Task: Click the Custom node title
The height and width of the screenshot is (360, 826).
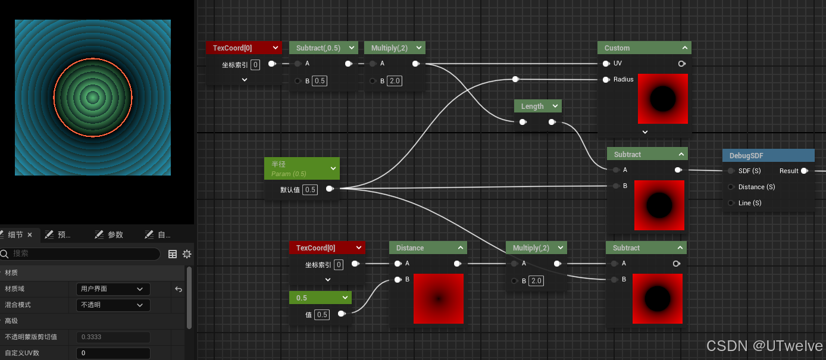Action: point(617,48)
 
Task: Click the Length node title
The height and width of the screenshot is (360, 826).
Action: point(533,107)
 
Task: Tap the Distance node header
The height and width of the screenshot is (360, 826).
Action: point(410,248)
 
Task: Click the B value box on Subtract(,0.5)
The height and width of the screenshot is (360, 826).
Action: point(320,81)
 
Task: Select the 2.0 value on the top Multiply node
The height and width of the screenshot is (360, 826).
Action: point(395,81)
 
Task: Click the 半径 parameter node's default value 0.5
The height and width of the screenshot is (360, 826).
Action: point(309,190)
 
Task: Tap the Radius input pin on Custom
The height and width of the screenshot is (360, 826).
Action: point(606,80)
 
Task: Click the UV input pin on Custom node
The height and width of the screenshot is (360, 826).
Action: point(606,64)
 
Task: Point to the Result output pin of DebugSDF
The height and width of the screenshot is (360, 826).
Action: point(804,171)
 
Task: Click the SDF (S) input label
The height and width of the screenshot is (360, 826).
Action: point(749,171)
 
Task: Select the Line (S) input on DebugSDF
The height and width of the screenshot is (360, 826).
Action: point(749,203)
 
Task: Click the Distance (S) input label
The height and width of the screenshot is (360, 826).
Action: point(756,187)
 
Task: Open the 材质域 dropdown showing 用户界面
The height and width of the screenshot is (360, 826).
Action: point(112,289)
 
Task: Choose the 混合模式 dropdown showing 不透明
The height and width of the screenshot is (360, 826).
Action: point(112,305)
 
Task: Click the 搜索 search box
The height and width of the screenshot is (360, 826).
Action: point(83,254)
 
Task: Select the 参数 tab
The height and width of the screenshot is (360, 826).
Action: point(115,235)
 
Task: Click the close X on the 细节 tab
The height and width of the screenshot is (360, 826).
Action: point(30,235)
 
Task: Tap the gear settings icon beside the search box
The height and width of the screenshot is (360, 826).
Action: point(187,254)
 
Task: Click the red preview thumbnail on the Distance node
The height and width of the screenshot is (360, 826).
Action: point(439,299)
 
